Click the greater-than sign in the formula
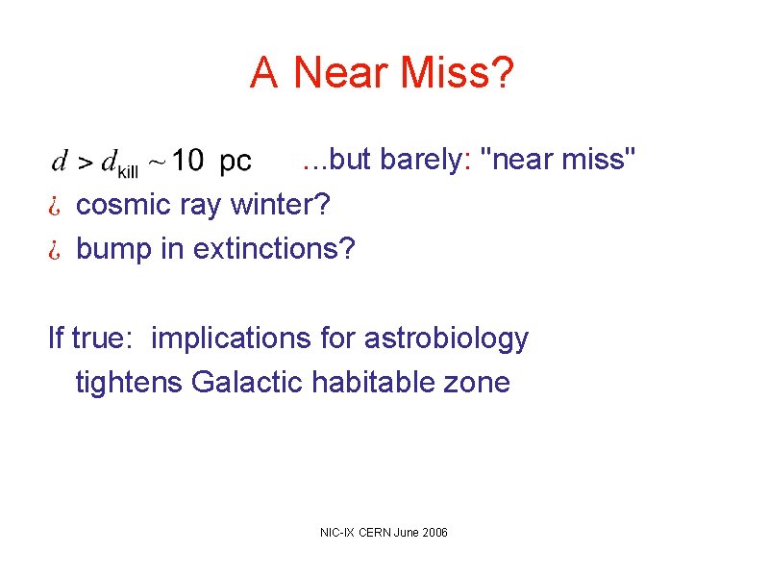tap(85, 164)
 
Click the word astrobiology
tap(447, 339)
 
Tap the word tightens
tap(130, 383)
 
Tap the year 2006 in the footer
tap(434, 533)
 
